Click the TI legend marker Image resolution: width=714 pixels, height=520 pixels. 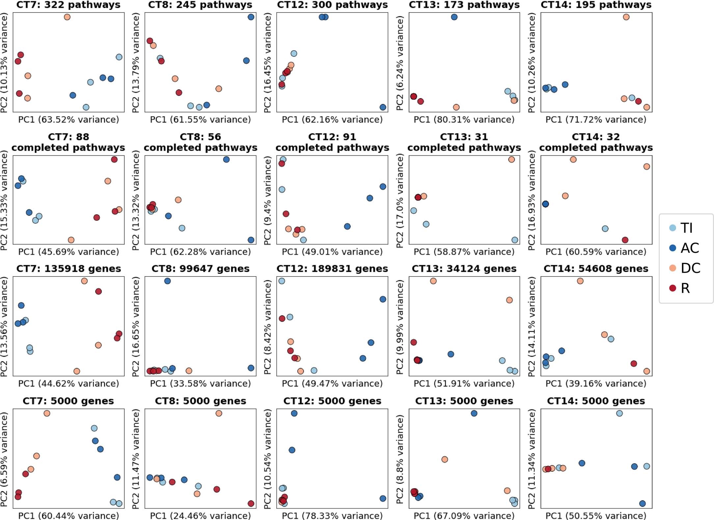click(673, 228)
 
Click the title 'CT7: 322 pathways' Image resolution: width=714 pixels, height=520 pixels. click(69, 5)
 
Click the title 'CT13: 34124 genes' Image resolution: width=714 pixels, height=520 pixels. click(464, 269)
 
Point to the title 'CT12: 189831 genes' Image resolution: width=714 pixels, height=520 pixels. click(332, 269)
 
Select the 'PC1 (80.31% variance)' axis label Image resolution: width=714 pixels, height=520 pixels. click(464, 119)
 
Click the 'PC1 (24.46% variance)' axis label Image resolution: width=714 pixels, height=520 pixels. click(200, 515)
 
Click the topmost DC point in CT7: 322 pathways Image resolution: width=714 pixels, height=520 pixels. click(67, 17)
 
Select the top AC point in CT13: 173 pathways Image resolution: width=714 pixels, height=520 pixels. click(454, 17)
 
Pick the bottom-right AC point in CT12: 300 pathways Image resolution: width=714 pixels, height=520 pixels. click(383, 107)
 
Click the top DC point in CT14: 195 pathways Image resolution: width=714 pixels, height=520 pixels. click(626, 17)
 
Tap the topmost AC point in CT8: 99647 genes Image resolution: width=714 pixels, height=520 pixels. click(167, 281)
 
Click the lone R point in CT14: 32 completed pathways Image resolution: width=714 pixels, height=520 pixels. click(625, 240)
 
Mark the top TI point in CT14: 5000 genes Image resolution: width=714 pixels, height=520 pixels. click(619, 413)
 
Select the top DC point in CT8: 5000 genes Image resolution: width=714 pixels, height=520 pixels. click(219, 413)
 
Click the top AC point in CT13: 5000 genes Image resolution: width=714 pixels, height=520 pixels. click(474, 413)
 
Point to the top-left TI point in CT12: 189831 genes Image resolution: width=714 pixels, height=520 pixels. click(282, 281)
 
